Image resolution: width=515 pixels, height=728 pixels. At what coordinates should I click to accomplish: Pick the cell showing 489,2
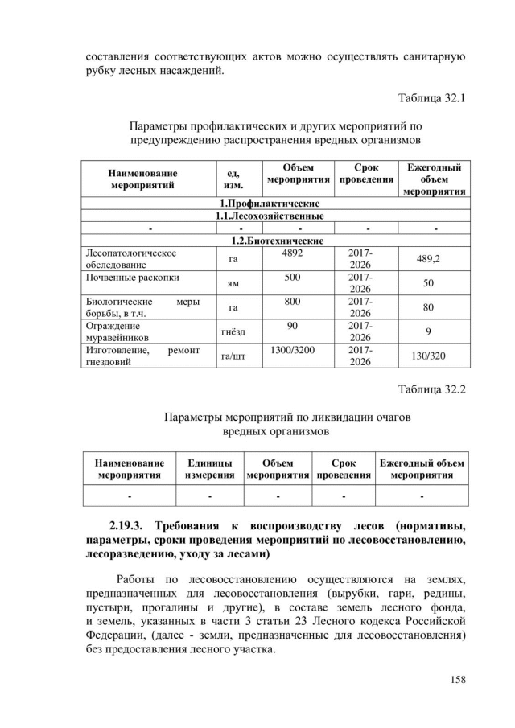[434, 259]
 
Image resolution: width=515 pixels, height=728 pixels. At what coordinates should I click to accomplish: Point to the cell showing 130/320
[434, 356]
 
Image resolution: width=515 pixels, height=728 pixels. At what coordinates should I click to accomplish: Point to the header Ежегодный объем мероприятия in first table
[434, 179]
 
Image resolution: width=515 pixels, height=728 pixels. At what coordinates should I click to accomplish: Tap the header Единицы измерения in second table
[210, 469]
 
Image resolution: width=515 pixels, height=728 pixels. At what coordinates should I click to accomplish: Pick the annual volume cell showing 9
[434, 331]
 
